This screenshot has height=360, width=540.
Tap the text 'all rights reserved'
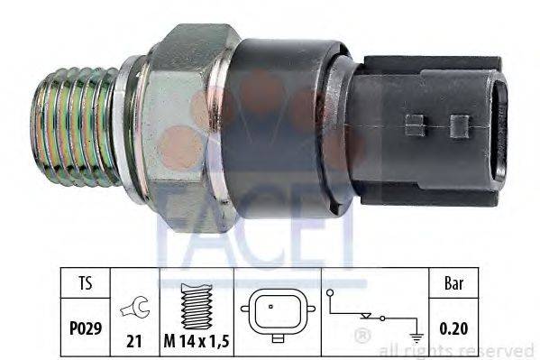457,349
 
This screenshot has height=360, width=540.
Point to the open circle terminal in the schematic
330,293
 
